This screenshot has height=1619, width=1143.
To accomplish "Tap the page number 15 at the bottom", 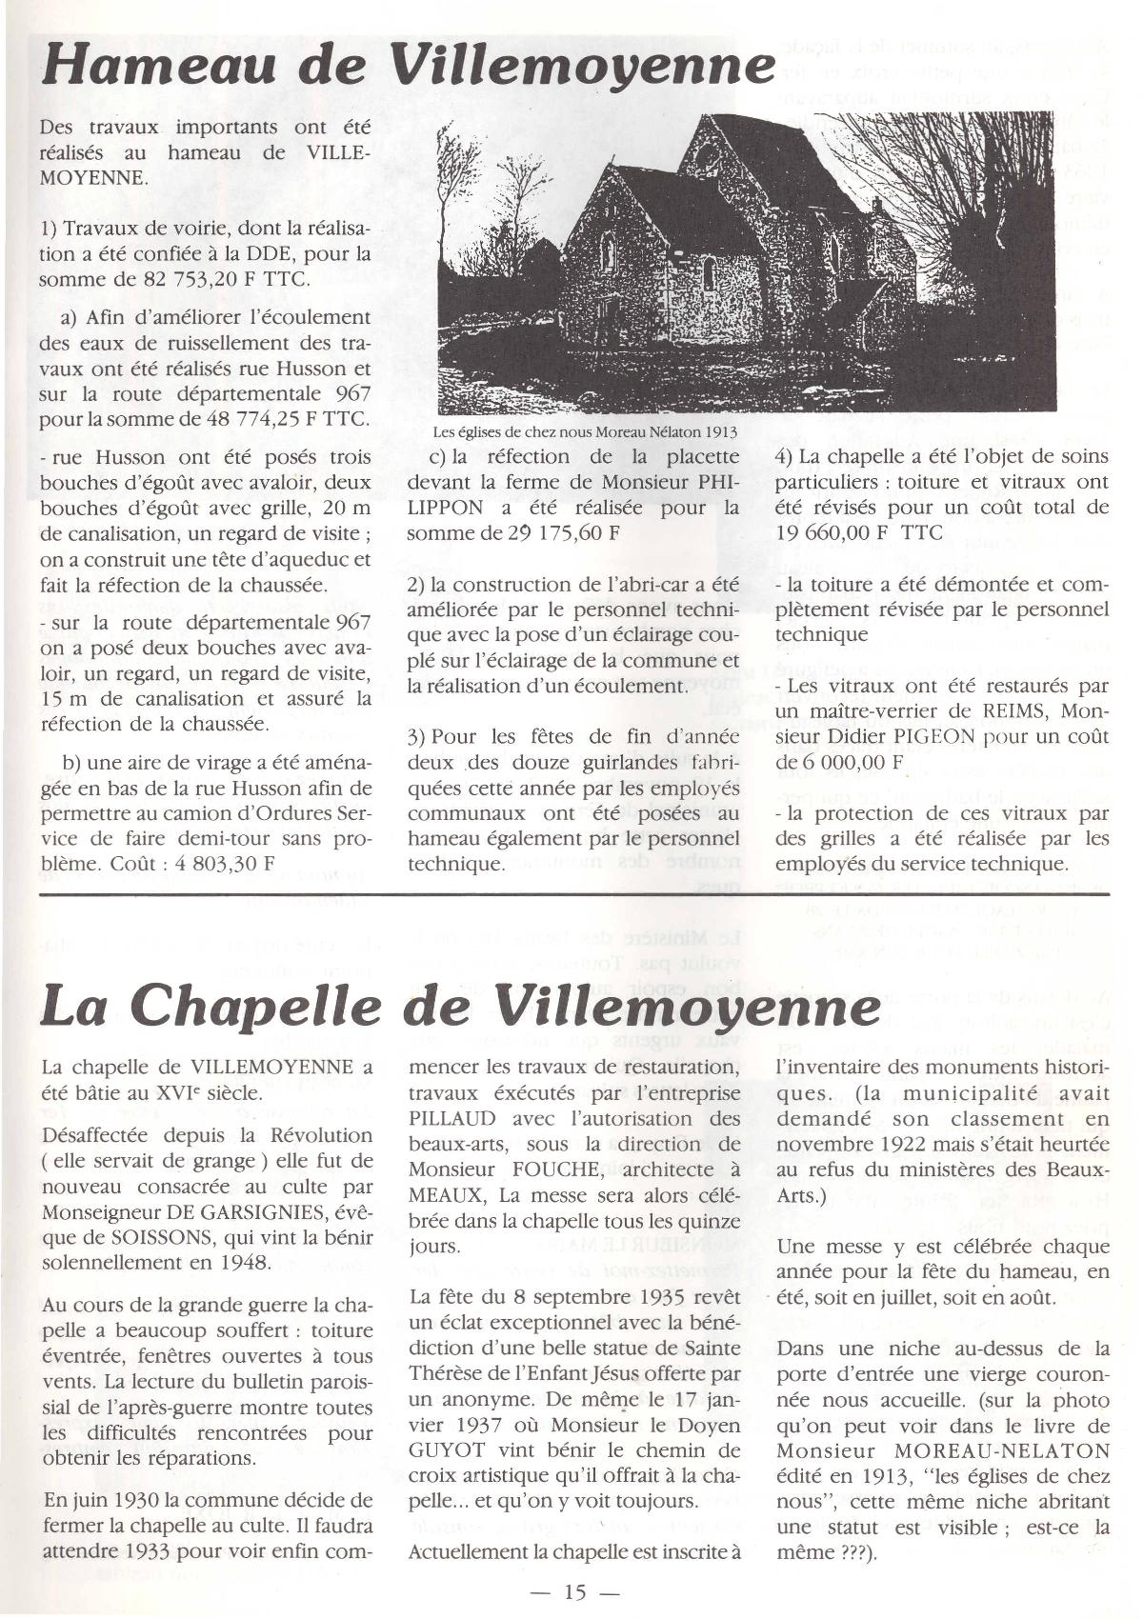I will (x=574, y=1591).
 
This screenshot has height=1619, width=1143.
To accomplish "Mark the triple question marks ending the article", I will (x=838, y=1552).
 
